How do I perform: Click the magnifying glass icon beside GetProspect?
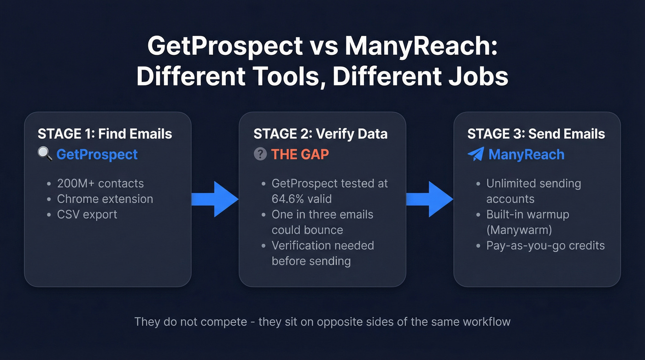click(45, 154)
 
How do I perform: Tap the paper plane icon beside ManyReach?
click(475, 154)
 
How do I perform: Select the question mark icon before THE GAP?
click(260, 154)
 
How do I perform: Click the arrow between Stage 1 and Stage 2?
click(215, 199)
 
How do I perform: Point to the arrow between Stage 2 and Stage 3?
click(429, 199)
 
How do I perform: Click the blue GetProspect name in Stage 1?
click(97, 154)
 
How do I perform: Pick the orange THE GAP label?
click(300, 154)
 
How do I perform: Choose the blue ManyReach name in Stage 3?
click(526, 154)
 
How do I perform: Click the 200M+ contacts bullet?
click(100, 183)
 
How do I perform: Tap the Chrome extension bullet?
click(105, 199)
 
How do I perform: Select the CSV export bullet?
click(87, 214)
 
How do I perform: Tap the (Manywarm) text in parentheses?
click(519, 230)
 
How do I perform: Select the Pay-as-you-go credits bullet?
click(545, 245)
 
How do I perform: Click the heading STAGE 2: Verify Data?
click(320, 134)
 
